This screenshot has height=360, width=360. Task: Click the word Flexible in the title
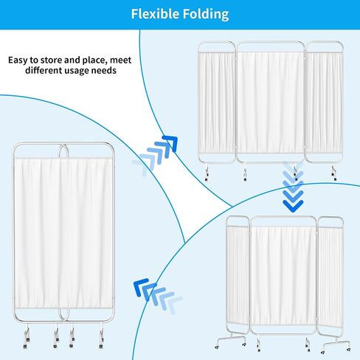(155, 14)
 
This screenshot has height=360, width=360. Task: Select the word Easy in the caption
(18, 60)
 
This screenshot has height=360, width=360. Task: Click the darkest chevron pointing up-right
(171, 142)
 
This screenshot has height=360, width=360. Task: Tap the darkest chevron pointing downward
(293, 206)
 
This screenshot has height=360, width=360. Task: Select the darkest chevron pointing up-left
(140, 286)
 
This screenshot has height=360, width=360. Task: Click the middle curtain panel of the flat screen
(271, 103)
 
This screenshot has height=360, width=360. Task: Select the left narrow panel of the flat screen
(216, 103)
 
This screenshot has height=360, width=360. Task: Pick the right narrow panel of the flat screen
(324, 103)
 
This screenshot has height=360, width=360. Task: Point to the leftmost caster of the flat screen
(207, 173)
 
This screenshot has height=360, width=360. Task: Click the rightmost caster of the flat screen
(333, 173)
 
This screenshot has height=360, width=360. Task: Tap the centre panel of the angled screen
(283, 275)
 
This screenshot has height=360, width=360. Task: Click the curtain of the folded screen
(63, 232)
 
